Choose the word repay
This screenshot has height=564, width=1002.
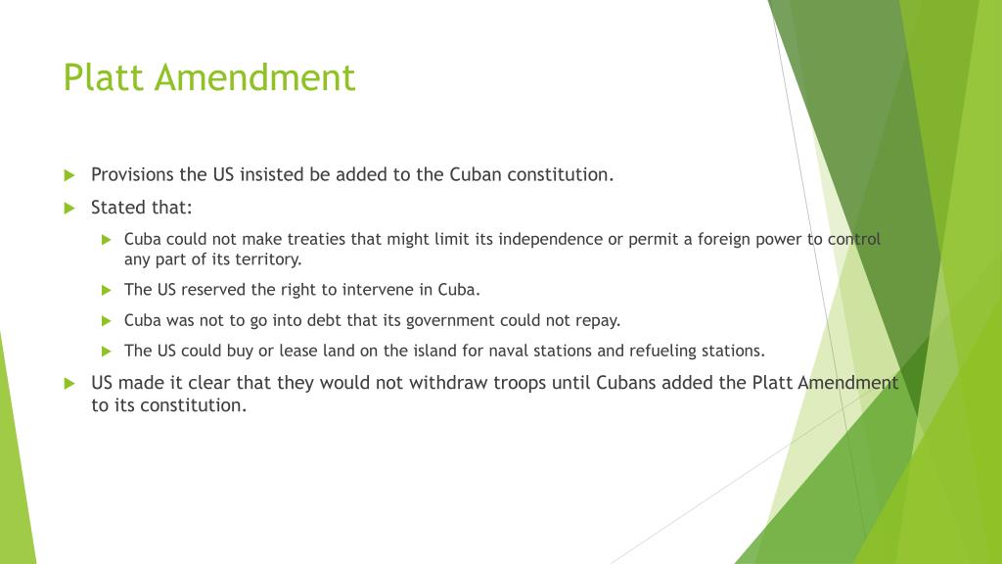click(598, 320)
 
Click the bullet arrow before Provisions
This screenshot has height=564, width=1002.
click(69, 175)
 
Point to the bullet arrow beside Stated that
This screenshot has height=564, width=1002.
click(69, 208)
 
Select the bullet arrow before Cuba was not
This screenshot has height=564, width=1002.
click(108, 320)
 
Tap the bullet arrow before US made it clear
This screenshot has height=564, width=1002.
click(69, 383)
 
